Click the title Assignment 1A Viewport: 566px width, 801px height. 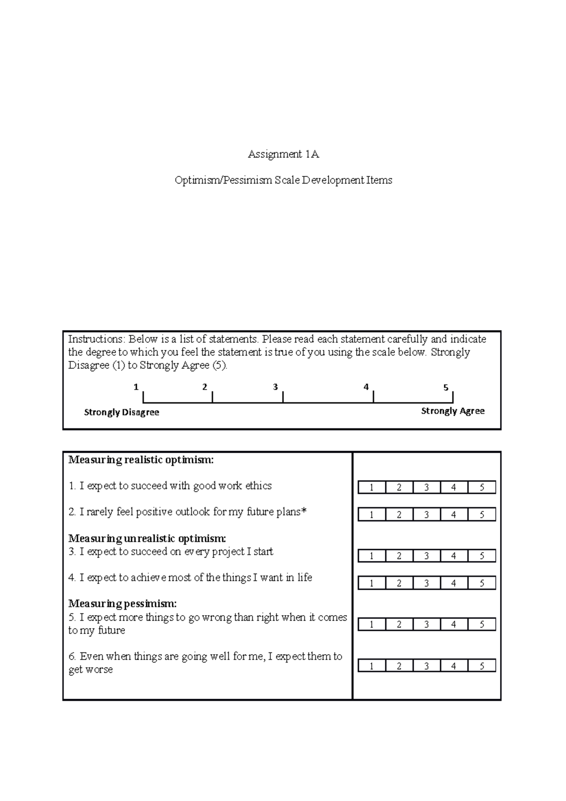pyautogui.click(x=283, y=154)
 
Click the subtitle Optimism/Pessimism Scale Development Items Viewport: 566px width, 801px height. pyautogui.click(x=283, y=180)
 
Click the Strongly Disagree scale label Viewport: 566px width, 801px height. pyautogui.click(x=121, y=412)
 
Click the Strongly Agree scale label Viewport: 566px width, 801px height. pyautogui.click(x=452, y=411)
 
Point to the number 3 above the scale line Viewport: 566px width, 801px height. pyautogui.click(x=275, y=387)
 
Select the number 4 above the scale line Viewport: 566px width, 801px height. pyautogui.click(x=366, y=387)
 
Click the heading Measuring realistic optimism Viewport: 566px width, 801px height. pyautogui.click(x=141, y=460)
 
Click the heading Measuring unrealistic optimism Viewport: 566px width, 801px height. pyautogui.click(x=147, y=539)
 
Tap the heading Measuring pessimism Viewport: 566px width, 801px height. pyautogui.click(x=123, y=604)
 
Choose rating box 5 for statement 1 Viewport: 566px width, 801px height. pyautogui.click(x=482, y=488)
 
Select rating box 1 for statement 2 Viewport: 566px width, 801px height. pyautogui.click(x=372, y=515)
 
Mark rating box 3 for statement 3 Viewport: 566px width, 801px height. pyautogui.click(x=426, y=556)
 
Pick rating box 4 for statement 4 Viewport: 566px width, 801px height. pyautogui.click(x=454, y=584)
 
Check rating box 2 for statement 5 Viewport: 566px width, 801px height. pyautogui.click(x=399, y=625)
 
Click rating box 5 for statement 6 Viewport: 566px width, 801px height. pyautogui.click(x=482, y=666)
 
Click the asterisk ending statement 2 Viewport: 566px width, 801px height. pyautogui.click(x=304, y=511)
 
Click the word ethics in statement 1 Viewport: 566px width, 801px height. pyautogui.click(x=258, y=486)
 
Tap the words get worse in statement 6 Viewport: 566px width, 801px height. pyautogui.click(x=91, y=670)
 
